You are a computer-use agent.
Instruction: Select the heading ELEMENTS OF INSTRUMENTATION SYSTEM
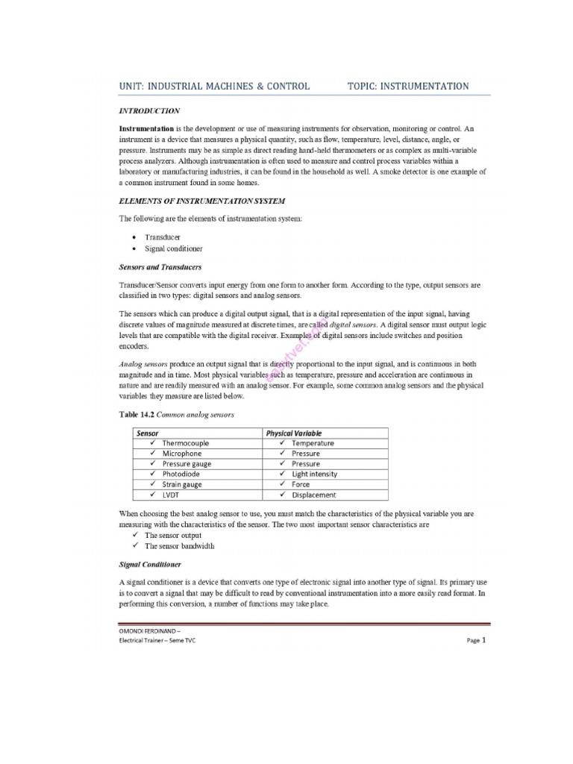[x=201, y=201]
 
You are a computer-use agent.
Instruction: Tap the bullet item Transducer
[x=163, y=237]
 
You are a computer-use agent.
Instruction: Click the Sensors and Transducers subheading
[x=160, y=266]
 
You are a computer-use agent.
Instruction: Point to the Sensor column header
[x=147, y=433]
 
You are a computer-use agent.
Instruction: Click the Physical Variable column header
[x=295, y=433]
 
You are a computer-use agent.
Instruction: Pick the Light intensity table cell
[x=314, y=474]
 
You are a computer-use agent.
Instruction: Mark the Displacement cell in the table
[x=313, y=495]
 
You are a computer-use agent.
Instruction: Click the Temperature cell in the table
[x=313, y=443]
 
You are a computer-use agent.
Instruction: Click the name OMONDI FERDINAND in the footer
[x=149, y=631]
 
